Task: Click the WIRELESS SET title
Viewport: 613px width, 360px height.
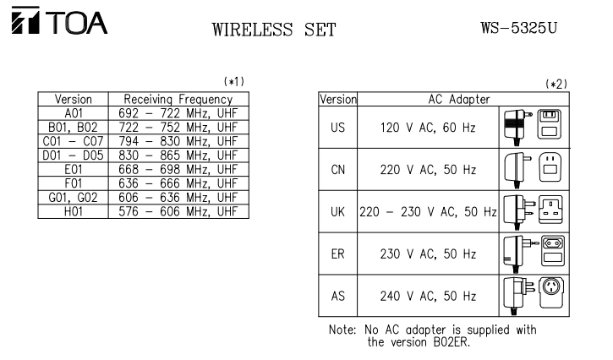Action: (x=275, y=31)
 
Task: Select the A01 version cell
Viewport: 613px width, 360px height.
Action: (x=73, y=111)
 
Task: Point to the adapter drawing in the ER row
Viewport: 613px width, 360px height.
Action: (x=518, y=254)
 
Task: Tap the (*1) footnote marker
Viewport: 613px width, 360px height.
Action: (x=233, y=81)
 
